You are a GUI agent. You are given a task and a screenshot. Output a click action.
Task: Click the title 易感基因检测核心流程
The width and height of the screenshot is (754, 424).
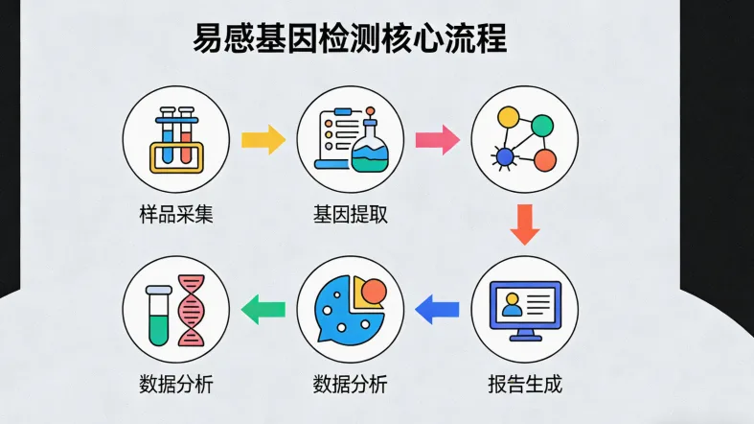click(350, 38)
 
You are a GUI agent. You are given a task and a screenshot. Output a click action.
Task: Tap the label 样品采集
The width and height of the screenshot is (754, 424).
click(176, 214)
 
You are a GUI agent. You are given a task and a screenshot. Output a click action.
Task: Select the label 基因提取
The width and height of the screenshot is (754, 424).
click(351, 214)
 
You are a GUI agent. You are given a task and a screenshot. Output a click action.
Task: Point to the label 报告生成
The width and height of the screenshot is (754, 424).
click(524, 386)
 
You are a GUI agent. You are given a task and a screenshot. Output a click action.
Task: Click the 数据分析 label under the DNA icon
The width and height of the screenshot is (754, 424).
click(176, 386)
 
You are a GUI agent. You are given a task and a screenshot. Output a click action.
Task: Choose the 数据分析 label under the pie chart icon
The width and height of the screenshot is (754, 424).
click(351, 386)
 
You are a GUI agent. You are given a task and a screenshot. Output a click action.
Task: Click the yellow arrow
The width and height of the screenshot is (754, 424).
click(263, 140)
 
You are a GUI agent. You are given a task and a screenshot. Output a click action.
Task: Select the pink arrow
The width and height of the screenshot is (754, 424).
click(438, 140)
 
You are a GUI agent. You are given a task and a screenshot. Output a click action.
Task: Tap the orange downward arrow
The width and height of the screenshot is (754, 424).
click(525, 224)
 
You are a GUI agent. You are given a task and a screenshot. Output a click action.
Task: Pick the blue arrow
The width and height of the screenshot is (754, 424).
click(438, 309)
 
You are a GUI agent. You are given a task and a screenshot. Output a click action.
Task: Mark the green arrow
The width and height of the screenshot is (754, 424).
click(263, 309)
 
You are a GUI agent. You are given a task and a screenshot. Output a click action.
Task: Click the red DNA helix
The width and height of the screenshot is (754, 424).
click(193, 309)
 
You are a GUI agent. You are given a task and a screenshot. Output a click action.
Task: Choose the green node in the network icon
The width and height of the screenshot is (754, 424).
click(543, 125)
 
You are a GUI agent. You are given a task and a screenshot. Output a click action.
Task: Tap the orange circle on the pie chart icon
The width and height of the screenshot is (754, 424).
click(374, 291)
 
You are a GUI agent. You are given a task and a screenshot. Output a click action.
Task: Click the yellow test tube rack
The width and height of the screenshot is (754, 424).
click(177, 156)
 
